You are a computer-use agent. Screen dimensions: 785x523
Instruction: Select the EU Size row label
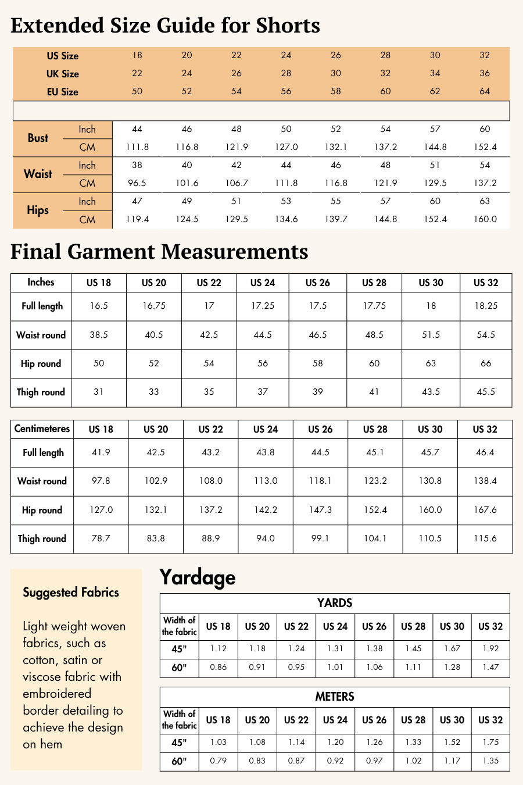(62, 92)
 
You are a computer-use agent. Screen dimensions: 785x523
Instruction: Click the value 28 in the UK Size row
(286, 73)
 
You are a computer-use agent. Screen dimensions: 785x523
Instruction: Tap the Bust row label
(38, 138)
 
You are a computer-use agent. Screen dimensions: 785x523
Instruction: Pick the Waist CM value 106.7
(237, 183)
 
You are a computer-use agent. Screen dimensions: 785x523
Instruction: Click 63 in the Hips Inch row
(485, 201)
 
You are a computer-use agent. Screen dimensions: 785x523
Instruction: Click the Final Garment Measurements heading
(159, 252)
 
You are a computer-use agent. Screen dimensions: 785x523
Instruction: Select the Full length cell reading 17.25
(263, 306)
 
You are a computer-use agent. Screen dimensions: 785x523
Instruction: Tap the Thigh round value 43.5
(431, 392)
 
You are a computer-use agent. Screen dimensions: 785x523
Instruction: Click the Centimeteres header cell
(42, 429)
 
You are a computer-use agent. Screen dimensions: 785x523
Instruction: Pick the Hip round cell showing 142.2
(266, 510)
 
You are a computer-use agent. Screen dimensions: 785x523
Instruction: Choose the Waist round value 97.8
(101, 481)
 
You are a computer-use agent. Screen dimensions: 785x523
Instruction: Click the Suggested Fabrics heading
(71, 593)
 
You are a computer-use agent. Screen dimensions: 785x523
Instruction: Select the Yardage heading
(198, 577)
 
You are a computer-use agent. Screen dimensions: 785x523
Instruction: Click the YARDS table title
(335, 603)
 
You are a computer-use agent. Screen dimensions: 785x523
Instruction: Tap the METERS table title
(335, 697)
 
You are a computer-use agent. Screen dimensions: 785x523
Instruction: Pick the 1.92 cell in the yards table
(490, 648)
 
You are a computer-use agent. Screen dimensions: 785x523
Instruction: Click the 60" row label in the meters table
(179, 761)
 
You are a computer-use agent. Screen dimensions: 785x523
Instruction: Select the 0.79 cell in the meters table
(218, 761)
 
